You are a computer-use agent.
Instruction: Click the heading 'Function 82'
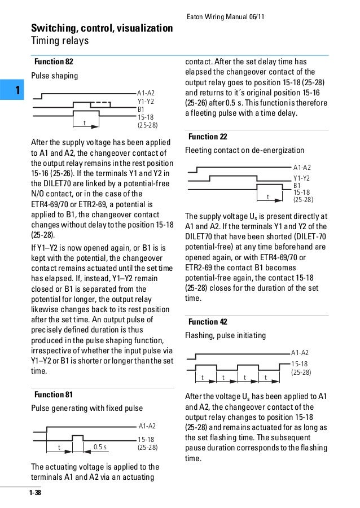tap(54, 62)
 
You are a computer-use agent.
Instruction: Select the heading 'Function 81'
tap(54, 394)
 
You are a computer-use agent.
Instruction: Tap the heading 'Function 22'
tap(208, 137)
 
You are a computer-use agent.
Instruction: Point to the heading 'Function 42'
tap(208, 322)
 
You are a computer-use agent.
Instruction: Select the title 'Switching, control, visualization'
tap(102, 28)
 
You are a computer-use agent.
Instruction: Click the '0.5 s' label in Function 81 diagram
tap(100, 448)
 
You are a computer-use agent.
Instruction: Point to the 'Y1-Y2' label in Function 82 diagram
tap(146, 102)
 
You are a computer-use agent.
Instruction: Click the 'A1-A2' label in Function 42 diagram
tap(300, 352)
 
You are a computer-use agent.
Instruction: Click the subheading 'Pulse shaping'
tap(54, 75)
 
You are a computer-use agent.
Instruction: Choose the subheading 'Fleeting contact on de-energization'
tap(244, 151)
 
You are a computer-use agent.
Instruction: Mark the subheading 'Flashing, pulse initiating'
tap(225, 335)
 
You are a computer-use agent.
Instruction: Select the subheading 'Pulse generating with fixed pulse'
tap(86, 408)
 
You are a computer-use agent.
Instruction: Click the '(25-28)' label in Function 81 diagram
tap(147, 447)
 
